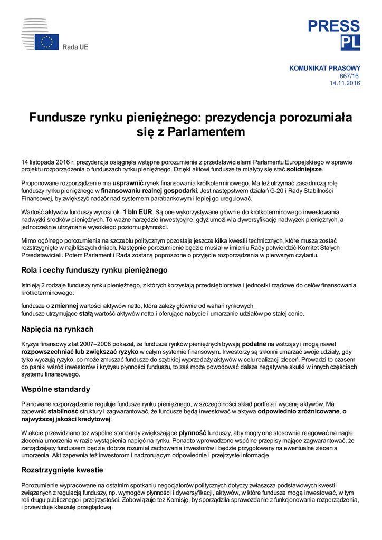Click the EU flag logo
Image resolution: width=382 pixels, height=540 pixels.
click(x=47, y=42)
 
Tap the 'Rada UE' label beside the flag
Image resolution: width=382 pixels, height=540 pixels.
click(x=75, y=47)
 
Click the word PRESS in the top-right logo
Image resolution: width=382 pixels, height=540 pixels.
click(x=334, y=26)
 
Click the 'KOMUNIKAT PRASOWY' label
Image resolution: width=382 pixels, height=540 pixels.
click(x=324, y=68)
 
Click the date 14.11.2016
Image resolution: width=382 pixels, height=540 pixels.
click(x=345, y=83)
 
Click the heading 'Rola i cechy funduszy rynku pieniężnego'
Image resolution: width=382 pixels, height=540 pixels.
click(x=94, y=270)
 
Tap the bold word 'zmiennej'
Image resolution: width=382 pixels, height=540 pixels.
click(x=64, y=305)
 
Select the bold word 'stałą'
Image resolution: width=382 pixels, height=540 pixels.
click(x=86, y=313)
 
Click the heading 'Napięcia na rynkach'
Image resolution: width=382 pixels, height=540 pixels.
click(x=57, y=329)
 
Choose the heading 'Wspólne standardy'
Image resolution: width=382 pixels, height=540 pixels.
click(x=55, y=389)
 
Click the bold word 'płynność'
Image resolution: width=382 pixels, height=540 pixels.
click(x=193, y=432)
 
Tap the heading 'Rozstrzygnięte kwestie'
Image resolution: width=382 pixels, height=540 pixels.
click(x=62, y=470)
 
